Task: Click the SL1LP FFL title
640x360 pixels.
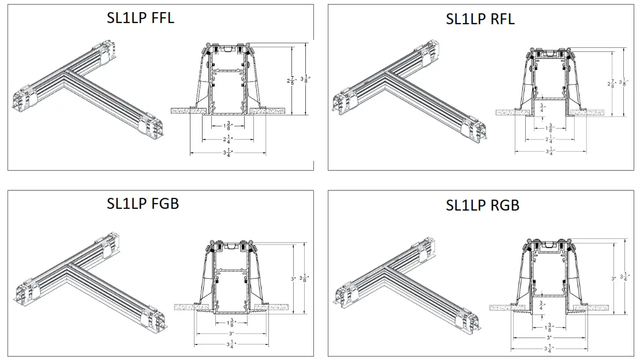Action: [141, 18]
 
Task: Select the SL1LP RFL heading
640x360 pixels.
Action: [480, 19]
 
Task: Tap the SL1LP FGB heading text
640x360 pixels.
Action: [143, 203]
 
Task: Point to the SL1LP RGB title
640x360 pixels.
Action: [482, 205]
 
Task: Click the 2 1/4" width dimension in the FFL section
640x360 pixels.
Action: [228, 138]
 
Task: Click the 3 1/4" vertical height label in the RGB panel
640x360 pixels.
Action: [623, 277]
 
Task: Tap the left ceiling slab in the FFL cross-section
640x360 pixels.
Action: [186, 109]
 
